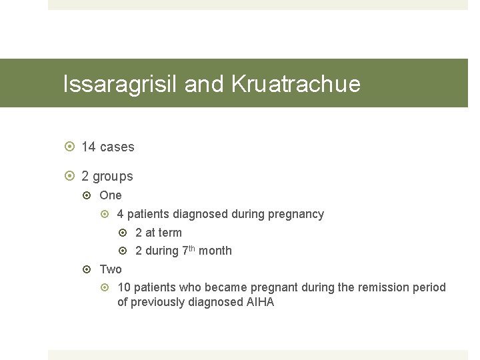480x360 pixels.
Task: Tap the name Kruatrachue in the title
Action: coord(295,84)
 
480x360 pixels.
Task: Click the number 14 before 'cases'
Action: coord(89,147)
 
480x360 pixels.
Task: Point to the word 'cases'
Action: coord(117,147)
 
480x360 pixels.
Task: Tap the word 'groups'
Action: coord(113,177)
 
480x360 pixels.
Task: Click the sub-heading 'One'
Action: coord(111,195)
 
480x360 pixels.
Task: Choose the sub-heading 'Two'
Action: coord(111,269)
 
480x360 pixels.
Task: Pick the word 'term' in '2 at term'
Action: coord(170,233)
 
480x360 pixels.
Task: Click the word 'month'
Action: coord(215,251)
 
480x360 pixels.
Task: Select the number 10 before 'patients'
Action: coord(124,287)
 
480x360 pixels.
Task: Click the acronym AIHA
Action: coord(261,303)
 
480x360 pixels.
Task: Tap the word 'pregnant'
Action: coord(276,287)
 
